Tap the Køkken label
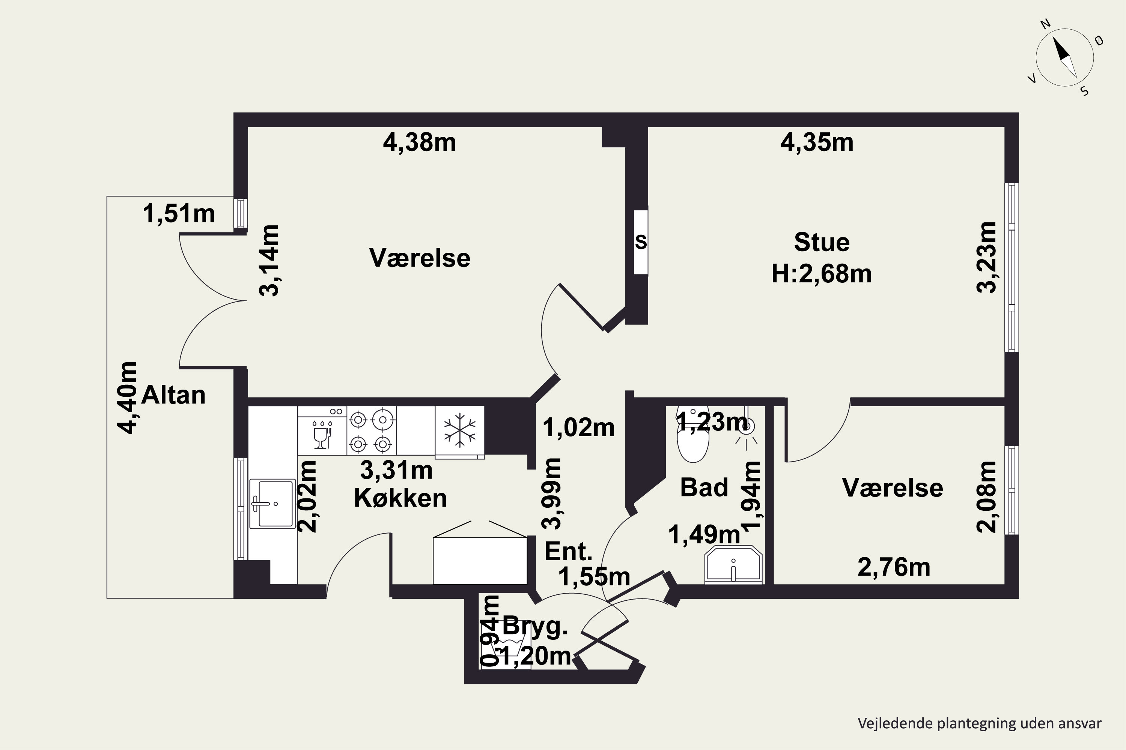click(x=400, y=498)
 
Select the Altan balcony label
click(x=173, y=395)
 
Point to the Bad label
click(x=704, y=487)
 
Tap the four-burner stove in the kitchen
click(x=371, y=430)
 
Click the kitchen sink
click(x=273, y=504)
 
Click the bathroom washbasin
click(x=733, y=564)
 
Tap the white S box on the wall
click(x=641, y=242)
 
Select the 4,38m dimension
click(x=419, y=142)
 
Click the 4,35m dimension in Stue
click(x=817, y=142)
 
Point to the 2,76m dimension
click(x=894, y=568)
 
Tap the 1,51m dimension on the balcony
click(x=179, y=213)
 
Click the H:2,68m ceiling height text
click(x=822, y=274)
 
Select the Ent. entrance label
click(x=569, y=552)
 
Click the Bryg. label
click(x=535, y=627)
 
